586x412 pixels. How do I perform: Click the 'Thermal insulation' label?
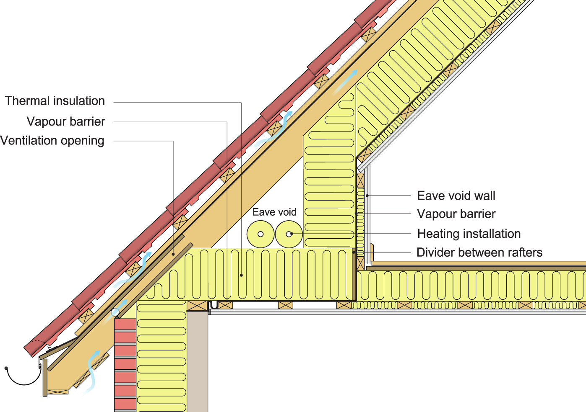[x=55, y=101]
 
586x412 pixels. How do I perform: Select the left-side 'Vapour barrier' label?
[x=66, y=122]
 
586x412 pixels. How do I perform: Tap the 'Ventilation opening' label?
[x=52, y=141]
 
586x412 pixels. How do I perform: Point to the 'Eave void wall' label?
[x=456, y=196]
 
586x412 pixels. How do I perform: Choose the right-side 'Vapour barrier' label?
[x=456, y=214]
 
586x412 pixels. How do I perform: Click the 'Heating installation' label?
[x=469, y=234]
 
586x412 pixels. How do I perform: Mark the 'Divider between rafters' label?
[x=479, y=252]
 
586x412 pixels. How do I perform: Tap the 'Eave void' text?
[x=274, y=212]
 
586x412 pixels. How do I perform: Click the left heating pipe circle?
[x=260, y=234]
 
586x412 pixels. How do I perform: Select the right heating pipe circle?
[x=289, y=234]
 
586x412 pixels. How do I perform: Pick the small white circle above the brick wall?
[x=115, y=312]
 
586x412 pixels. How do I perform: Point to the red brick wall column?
[x=125, y=364]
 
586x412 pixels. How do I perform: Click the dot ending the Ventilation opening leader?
[x=173, y=254]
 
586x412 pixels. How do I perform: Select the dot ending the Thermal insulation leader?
[x=241, y=275]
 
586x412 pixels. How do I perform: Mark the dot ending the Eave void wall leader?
[x=367, y=196]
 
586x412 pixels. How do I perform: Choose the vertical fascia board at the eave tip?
[x=45, y=377]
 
